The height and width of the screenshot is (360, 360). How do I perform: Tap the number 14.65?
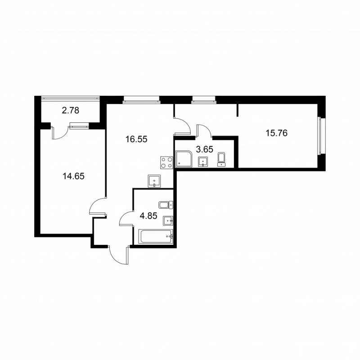click(73, 176)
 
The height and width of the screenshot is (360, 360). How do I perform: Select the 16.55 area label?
click(136, 139)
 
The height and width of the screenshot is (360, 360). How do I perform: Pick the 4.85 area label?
click(148, 216)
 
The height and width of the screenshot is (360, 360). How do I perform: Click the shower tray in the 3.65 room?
click(185, 159)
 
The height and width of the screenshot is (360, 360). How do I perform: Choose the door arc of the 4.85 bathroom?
click(126, 219)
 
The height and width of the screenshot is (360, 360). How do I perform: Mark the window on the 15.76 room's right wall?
click(321, 135)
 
